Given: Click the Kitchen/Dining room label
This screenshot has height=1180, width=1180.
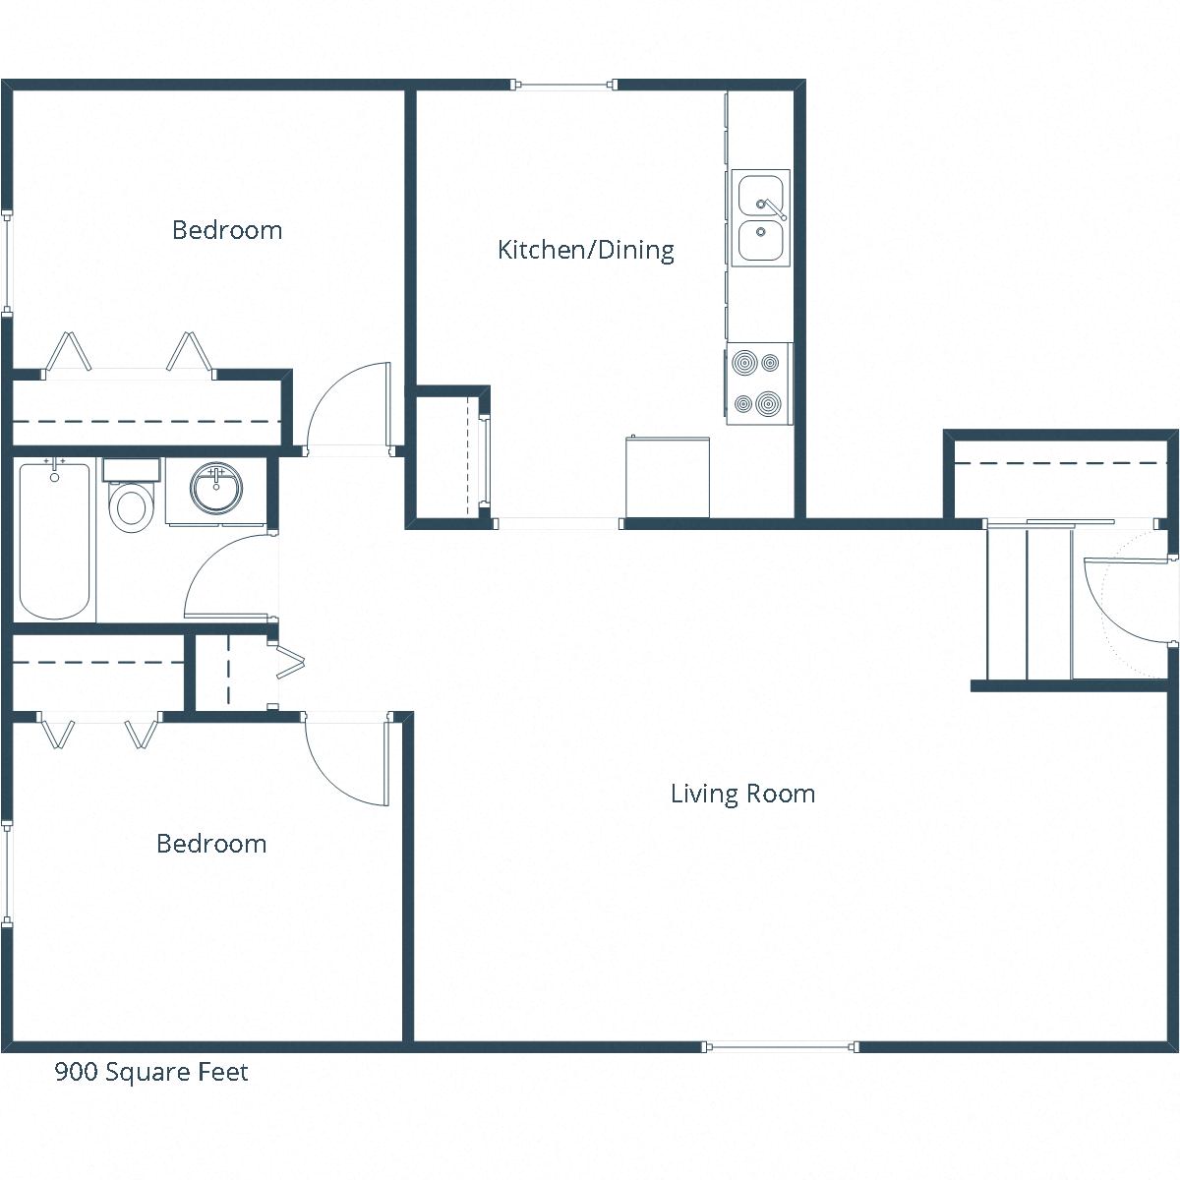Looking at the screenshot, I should (586, 250).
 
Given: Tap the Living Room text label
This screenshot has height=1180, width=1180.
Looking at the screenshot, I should (742, 794).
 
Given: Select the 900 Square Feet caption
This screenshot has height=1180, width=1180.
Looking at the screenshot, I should (151, 1071).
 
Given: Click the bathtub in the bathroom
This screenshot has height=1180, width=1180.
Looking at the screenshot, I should (55, 540).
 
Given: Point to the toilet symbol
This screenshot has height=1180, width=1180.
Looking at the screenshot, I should (130, 501).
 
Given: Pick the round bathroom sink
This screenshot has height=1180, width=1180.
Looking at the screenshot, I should (215, 489).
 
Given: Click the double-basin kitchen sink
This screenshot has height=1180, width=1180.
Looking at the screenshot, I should (760, 218).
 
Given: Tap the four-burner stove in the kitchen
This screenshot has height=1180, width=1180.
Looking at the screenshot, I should (758, 383).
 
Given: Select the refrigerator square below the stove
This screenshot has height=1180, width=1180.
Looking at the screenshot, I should (667, 477).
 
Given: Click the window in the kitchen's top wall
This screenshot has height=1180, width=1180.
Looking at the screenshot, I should (564, 86).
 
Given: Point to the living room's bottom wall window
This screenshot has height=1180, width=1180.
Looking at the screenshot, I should (782, 1046).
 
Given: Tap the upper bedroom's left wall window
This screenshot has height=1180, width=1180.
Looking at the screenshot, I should (7, 262).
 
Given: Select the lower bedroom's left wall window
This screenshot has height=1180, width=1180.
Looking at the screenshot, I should (7, 873).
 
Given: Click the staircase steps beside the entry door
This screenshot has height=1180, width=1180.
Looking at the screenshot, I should (1028, 602).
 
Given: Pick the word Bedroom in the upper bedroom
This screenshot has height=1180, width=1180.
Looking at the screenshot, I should (227, 230).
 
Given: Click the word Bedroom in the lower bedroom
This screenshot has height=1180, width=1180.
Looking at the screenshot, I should (211, 844).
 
